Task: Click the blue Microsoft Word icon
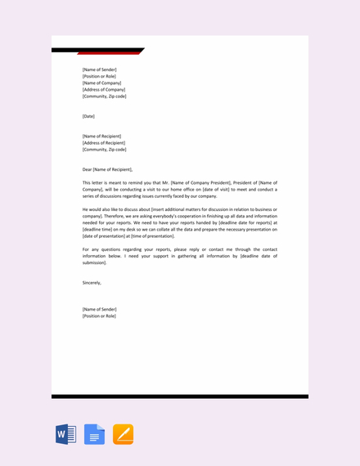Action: [x=65, y=434]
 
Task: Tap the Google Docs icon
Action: [x=94, y=434]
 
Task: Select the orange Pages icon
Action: [x=123, y=434]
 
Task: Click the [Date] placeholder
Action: [x=88, y=116]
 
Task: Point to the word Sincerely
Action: [x=92, y=282]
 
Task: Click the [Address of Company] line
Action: [x=103, y=89]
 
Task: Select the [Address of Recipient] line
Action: [x=103, y=142]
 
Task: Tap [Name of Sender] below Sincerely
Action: [x=99, y=309]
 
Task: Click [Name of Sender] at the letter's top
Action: [x=99, y=69]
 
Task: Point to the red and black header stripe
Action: [x=98, y=51]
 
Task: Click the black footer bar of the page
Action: [x=180, y=397]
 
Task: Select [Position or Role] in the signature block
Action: [x=99, y=316]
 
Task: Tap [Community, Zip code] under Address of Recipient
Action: [x=104, y=150]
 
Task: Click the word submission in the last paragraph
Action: [x=94, y=262]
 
